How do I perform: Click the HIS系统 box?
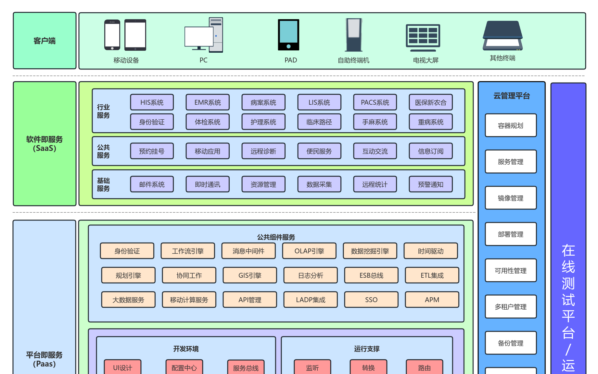pos(152,102)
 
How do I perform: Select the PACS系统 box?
pos(375,102)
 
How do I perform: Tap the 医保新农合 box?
pos(430,102)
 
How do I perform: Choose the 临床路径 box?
pos(319,122)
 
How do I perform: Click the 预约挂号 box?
pos(152,151)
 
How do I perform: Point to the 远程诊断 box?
pos(263,151)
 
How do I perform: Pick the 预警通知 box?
pos(430,184)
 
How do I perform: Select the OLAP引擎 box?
pos(309,251)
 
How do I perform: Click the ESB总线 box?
pos(371,275)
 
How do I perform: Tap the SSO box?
pos(371,300)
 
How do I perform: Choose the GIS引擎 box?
pos(249,275)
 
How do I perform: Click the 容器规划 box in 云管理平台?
pos(510,126)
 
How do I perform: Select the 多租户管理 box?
pos(510,307)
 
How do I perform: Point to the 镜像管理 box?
pos(510,198)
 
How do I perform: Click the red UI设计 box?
pos(122,367)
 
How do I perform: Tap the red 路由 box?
pos(424,367)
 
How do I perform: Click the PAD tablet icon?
pos(288,35)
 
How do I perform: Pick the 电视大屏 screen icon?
pos(423,37)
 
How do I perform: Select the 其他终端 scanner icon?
pos(503,35)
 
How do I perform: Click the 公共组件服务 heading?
pos(276,237)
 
